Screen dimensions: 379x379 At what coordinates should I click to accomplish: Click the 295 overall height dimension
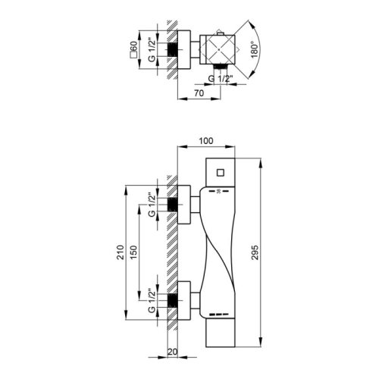coord(255,252)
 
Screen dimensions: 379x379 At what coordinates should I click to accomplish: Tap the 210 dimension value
coord(121,252)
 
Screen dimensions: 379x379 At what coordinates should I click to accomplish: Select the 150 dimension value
coord(133,252)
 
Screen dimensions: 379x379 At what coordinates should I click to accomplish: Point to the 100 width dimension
coord(206,141)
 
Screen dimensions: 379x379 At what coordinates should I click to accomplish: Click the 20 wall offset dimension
coord(172,352)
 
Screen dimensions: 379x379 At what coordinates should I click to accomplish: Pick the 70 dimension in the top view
coord(199,93)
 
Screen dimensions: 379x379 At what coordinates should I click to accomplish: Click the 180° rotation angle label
coord(255,49)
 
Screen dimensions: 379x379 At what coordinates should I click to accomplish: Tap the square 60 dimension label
coord(133,49)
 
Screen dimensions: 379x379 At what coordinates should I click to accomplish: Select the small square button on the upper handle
coord(221,173)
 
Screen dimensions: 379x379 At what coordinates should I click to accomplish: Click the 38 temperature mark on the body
coord(219,192)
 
